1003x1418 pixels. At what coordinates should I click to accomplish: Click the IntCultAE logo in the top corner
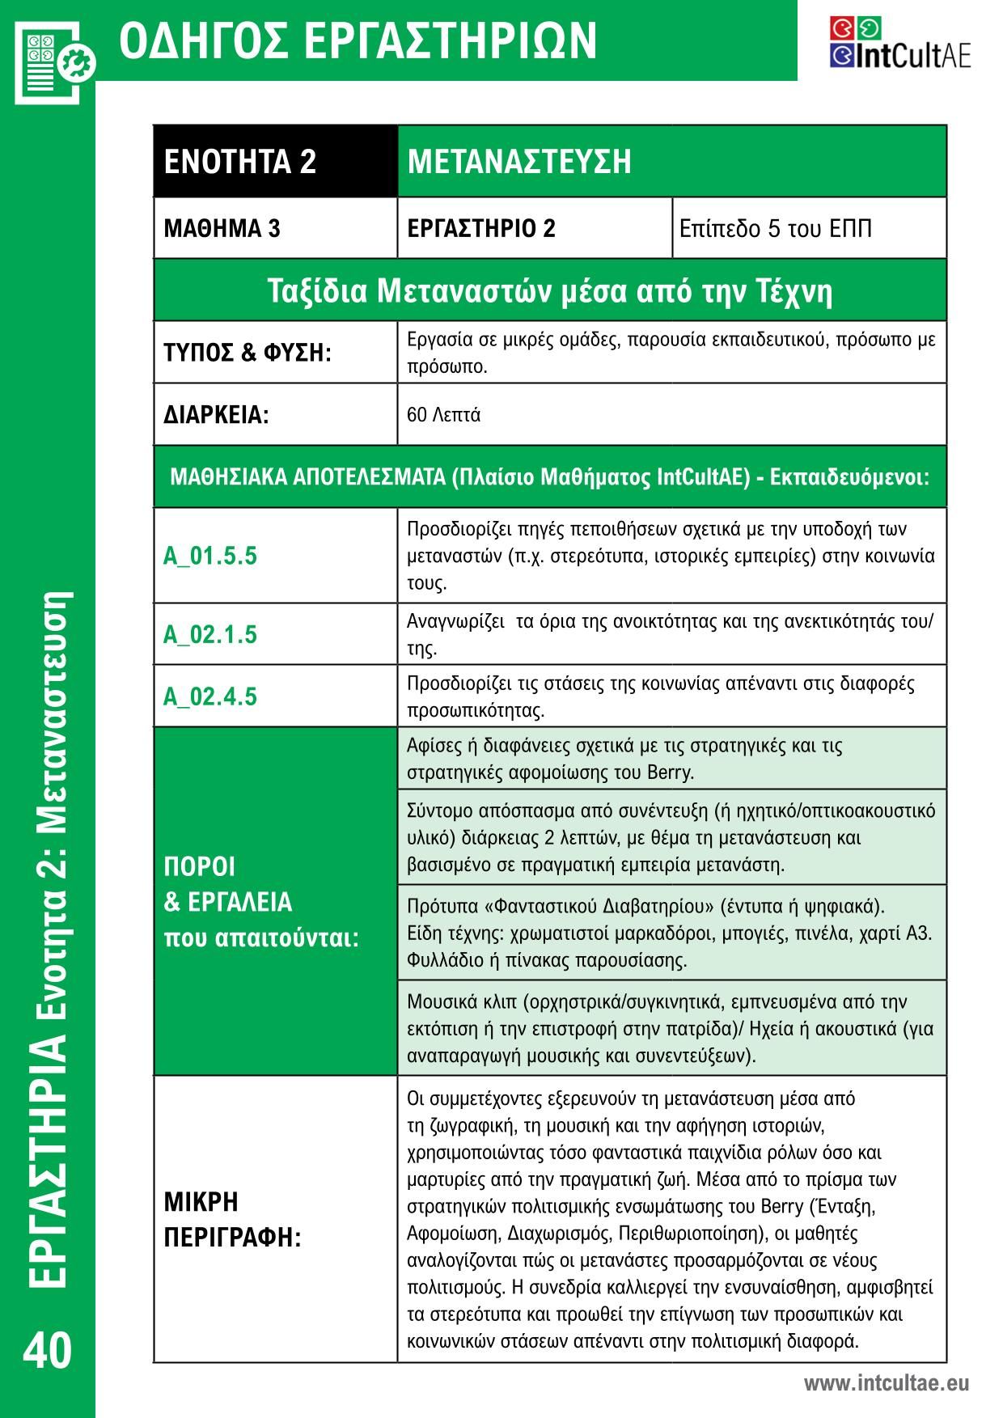pos(899,42)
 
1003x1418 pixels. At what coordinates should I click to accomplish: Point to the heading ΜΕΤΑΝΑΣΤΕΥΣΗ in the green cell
pos(519,161)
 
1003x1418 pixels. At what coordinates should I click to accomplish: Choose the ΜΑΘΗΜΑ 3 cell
pos(222,228)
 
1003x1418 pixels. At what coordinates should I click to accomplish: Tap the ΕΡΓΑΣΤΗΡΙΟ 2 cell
pos(481,228)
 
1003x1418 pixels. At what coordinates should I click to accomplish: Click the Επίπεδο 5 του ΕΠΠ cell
pos(776,228)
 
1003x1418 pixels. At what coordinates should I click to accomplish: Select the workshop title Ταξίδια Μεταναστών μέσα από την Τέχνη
pos(550,290)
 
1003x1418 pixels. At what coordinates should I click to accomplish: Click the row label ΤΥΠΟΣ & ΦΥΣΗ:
pos(248,353)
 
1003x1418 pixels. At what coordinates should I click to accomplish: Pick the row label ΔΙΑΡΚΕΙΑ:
pos(216,415)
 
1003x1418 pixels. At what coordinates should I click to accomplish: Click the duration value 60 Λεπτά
pos(444,415)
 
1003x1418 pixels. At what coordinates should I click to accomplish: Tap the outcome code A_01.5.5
pos(210,556)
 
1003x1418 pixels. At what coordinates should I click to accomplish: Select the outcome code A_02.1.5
pos(210,634)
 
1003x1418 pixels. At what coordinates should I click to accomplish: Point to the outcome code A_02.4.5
pos(210,696)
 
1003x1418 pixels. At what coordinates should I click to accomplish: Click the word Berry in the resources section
pos(670,772)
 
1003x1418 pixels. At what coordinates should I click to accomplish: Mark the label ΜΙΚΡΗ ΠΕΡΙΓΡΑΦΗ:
pos(232,1219)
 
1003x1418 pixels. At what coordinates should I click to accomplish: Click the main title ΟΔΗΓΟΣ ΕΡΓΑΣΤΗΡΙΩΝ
pos(358,40)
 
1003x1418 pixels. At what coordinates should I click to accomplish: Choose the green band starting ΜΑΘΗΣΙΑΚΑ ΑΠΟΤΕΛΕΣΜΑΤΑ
pos(550,476)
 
